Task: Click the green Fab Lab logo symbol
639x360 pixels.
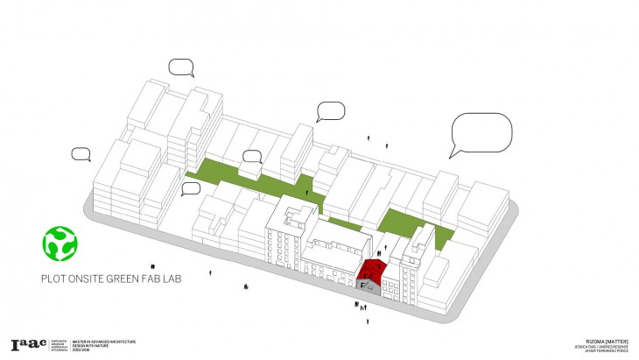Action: coord(60,244)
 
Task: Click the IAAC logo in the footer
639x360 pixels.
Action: coord(27,345)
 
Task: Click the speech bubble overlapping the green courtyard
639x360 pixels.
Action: coord(252,157)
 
